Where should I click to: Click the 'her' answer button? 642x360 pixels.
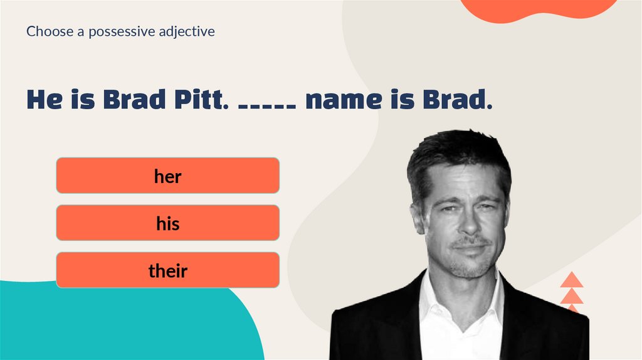pyautogui.click(x=167, y=176)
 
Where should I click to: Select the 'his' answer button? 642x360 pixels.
pyautogui.click(x=167, y=223)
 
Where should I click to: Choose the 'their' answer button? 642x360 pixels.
pyautogui.click(x=167, y=270)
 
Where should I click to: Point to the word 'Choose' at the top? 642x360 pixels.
pyautogui.click(x=49, y=31)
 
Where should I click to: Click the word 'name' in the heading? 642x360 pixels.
pyautogui.click(x=343, y=100)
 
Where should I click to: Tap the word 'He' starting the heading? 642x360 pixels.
pyautogui.click(x=44, y=100)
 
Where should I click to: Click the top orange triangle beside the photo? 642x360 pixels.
pyautogui.click(x=572, y=280)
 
